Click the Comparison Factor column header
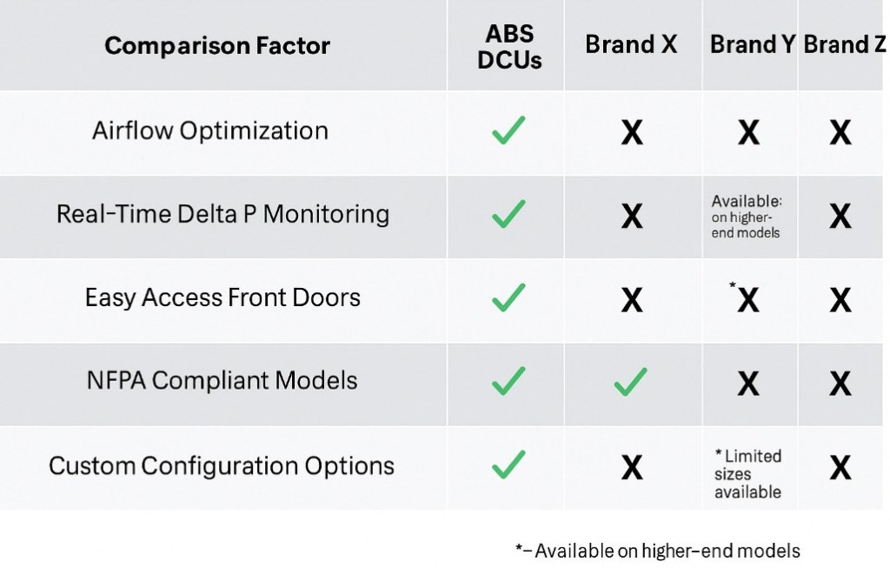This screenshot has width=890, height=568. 217,45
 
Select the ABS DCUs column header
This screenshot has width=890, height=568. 509,47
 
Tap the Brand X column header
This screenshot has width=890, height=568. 631,44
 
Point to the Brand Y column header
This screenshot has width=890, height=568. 752,44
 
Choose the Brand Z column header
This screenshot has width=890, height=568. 844,44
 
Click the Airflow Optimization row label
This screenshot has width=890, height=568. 210,130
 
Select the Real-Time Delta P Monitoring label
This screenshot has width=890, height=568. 222,214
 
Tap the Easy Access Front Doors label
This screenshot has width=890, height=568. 222,297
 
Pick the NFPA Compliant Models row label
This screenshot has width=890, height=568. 222,381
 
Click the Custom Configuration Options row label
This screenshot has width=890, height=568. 222,465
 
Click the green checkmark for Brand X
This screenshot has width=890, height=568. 631,381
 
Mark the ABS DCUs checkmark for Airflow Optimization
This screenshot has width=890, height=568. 508,130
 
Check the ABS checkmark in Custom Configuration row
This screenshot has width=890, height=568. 508,464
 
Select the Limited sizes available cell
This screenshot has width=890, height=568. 747,474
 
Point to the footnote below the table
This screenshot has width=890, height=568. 657,551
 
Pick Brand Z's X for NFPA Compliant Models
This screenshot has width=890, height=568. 840,383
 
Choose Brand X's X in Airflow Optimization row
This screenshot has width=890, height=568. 632,132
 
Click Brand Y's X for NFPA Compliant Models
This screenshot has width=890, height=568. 747,383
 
